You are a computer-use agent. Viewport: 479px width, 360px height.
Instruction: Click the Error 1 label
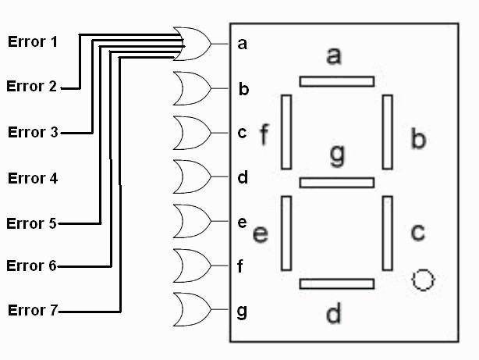[x=32, y=42]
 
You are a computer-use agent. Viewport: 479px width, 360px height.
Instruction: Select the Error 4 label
[x=32, y=178]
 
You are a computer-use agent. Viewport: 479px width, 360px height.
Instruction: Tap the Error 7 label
[x=32, y=311]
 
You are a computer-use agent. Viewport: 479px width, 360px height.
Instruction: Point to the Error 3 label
[x=32, y=132]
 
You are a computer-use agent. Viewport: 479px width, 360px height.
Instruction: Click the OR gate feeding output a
[x=192, y=43]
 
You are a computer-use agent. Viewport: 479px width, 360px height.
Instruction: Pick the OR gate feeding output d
[x=192, y=177]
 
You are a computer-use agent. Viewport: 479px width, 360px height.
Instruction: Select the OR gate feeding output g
[x=192, y=311]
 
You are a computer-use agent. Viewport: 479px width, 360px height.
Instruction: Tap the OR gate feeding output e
[x=192, y=222]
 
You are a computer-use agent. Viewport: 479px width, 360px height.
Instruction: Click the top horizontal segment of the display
[x=336, y=81]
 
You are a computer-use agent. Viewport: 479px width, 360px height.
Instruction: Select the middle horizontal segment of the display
[x=336, y=183]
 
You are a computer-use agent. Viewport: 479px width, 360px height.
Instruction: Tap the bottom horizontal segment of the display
[x=336, y=283]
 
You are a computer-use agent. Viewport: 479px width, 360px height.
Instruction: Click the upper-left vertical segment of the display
[x=286, y=131]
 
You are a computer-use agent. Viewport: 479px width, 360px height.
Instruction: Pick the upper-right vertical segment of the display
[x=387, y=131]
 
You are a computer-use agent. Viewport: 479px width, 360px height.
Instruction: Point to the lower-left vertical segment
[x=286, y=233]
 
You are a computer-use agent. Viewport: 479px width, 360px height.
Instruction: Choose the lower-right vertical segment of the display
[x=387, y=233]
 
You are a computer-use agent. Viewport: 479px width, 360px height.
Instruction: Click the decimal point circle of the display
[x=422, y=280]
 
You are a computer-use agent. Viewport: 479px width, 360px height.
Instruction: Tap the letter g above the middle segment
[x=336, y=155]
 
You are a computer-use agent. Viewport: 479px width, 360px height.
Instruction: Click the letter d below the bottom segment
[x=333, y=313]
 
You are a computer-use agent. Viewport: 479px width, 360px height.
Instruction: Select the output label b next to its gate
[x=243, y=89]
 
